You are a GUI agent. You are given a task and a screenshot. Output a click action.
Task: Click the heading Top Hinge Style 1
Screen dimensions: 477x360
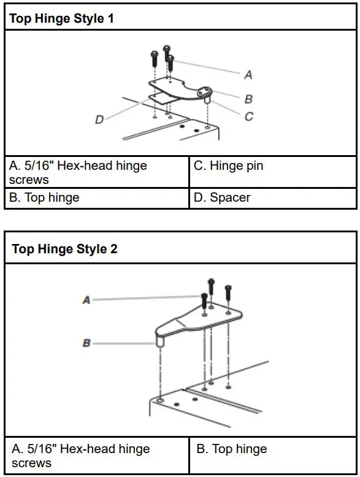point(61,18)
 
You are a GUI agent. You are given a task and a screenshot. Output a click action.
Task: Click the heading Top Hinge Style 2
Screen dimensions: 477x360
point(64,249)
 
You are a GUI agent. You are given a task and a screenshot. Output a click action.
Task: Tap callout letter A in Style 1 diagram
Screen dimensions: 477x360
point(248,75)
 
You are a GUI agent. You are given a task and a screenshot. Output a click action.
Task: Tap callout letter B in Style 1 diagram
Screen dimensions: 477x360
point(248,99)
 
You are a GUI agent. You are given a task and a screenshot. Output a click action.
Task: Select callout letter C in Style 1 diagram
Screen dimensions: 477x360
point(248,116)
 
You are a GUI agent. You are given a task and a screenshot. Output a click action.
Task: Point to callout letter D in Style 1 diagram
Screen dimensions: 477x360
point(99,120)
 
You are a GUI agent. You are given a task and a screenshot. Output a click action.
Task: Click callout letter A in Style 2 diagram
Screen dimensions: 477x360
point(86,300)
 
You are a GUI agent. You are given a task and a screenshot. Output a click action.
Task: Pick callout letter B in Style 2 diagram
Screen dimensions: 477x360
point(86,343)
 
